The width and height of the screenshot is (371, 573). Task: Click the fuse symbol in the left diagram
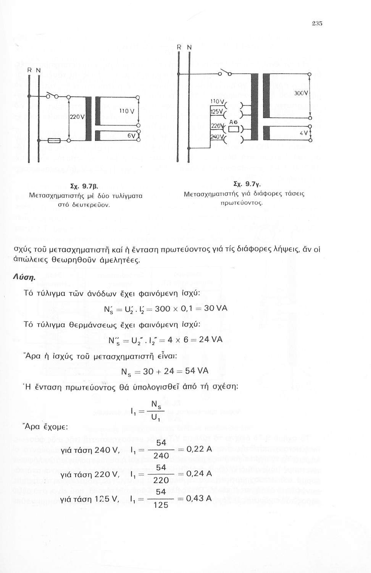tap(54, 141)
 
